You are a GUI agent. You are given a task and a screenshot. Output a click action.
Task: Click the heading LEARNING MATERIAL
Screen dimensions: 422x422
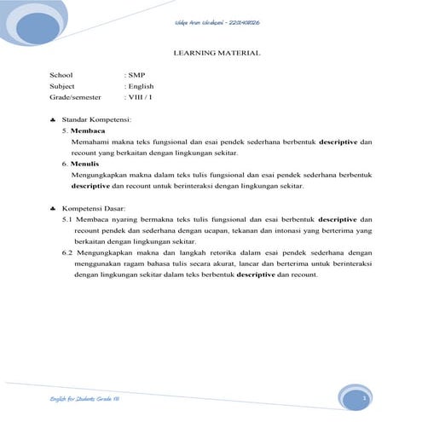tap(217, 53)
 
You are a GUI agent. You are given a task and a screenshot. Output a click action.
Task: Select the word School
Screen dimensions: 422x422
tap(61, 75)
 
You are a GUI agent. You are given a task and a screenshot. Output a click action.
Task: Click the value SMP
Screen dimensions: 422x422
tap(136, 75)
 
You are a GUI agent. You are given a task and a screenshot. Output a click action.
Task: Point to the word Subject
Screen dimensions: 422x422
tap(63, 86)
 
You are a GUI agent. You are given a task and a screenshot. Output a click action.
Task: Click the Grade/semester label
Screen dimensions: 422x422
tap(75, 97)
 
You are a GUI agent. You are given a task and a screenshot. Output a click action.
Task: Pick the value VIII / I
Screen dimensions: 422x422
tap(141, 97)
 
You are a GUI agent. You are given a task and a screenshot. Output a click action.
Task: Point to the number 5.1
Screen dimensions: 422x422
tap(68, 219)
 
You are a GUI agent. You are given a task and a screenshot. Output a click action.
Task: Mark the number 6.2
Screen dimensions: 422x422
tap(68, 253)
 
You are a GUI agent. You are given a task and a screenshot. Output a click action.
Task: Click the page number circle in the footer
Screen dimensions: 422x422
tap(363, 398)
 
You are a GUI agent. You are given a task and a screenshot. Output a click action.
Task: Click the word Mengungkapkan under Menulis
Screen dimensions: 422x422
tap(99, 174)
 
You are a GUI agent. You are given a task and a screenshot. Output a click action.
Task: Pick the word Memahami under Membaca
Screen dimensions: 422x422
tap(93, 142)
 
